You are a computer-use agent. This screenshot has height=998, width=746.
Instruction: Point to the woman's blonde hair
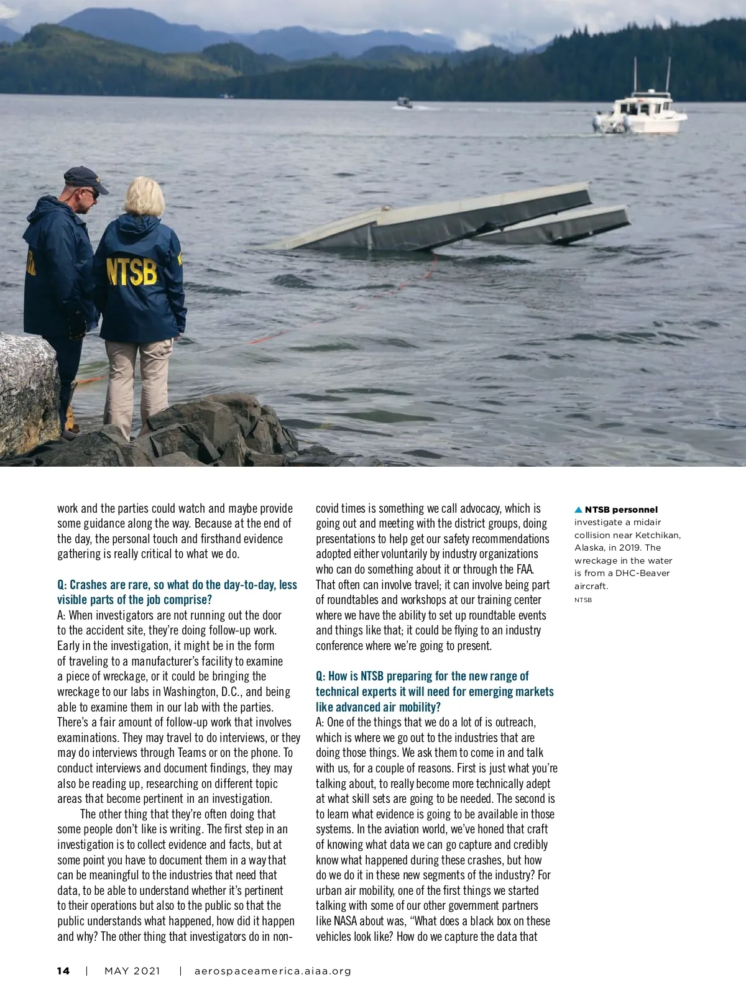coord(145,196)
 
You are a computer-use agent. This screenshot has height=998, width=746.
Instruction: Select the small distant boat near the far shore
coord(404,103)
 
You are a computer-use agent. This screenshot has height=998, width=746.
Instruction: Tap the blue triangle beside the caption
coord(578,510)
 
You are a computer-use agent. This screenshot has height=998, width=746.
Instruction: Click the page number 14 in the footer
coord(63,971)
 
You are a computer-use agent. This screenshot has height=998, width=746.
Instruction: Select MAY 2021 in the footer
coord(132,971)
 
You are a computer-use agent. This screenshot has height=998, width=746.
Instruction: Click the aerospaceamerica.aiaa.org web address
coord(273,971)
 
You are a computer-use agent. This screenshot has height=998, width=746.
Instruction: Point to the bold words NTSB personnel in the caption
coord(621,510)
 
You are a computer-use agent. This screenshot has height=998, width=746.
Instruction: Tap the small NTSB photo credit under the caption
coord(583,600)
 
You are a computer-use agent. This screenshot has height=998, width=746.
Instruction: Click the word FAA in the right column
coord(523,569)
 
